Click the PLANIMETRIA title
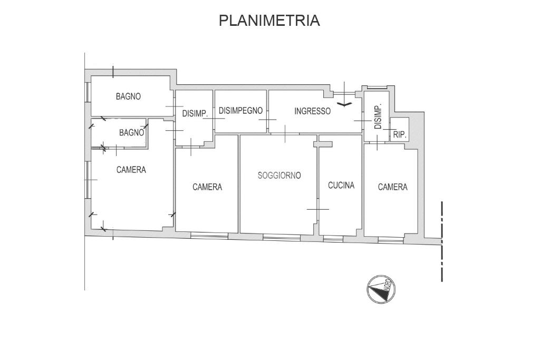coord(269,21)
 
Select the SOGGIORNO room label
coord(279,176)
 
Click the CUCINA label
coord(341,185)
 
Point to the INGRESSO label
coord(312,111)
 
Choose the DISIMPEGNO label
coord(240,111)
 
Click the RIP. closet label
coord(400,135)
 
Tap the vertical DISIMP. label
coord(378,118)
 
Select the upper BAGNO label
coord(128,96)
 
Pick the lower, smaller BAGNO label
coord(131,133)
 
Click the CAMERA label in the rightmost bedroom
coord(392,187)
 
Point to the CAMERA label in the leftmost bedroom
coord(131,170)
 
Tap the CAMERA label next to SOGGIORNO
coord(207,187)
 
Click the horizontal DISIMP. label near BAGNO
coord(195,113)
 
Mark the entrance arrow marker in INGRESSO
coord(344,104)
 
